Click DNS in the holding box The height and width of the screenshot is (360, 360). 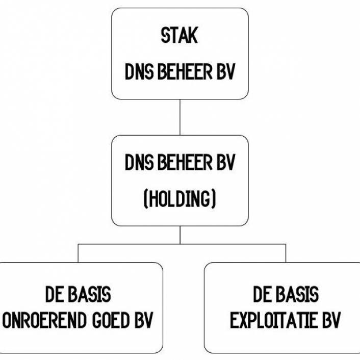click(139, 164)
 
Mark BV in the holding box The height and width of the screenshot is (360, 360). click(225, 164)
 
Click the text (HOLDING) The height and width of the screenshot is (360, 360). click(179, 198)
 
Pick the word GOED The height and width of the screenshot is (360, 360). click(110, 321)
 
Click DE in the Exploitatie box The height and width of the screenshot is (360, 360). click(262, 295)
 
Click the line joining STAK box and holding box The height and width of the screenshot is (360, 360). click(179, 117)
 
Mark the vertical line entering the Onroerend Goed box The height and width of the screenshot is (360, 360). click(78, 253)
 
